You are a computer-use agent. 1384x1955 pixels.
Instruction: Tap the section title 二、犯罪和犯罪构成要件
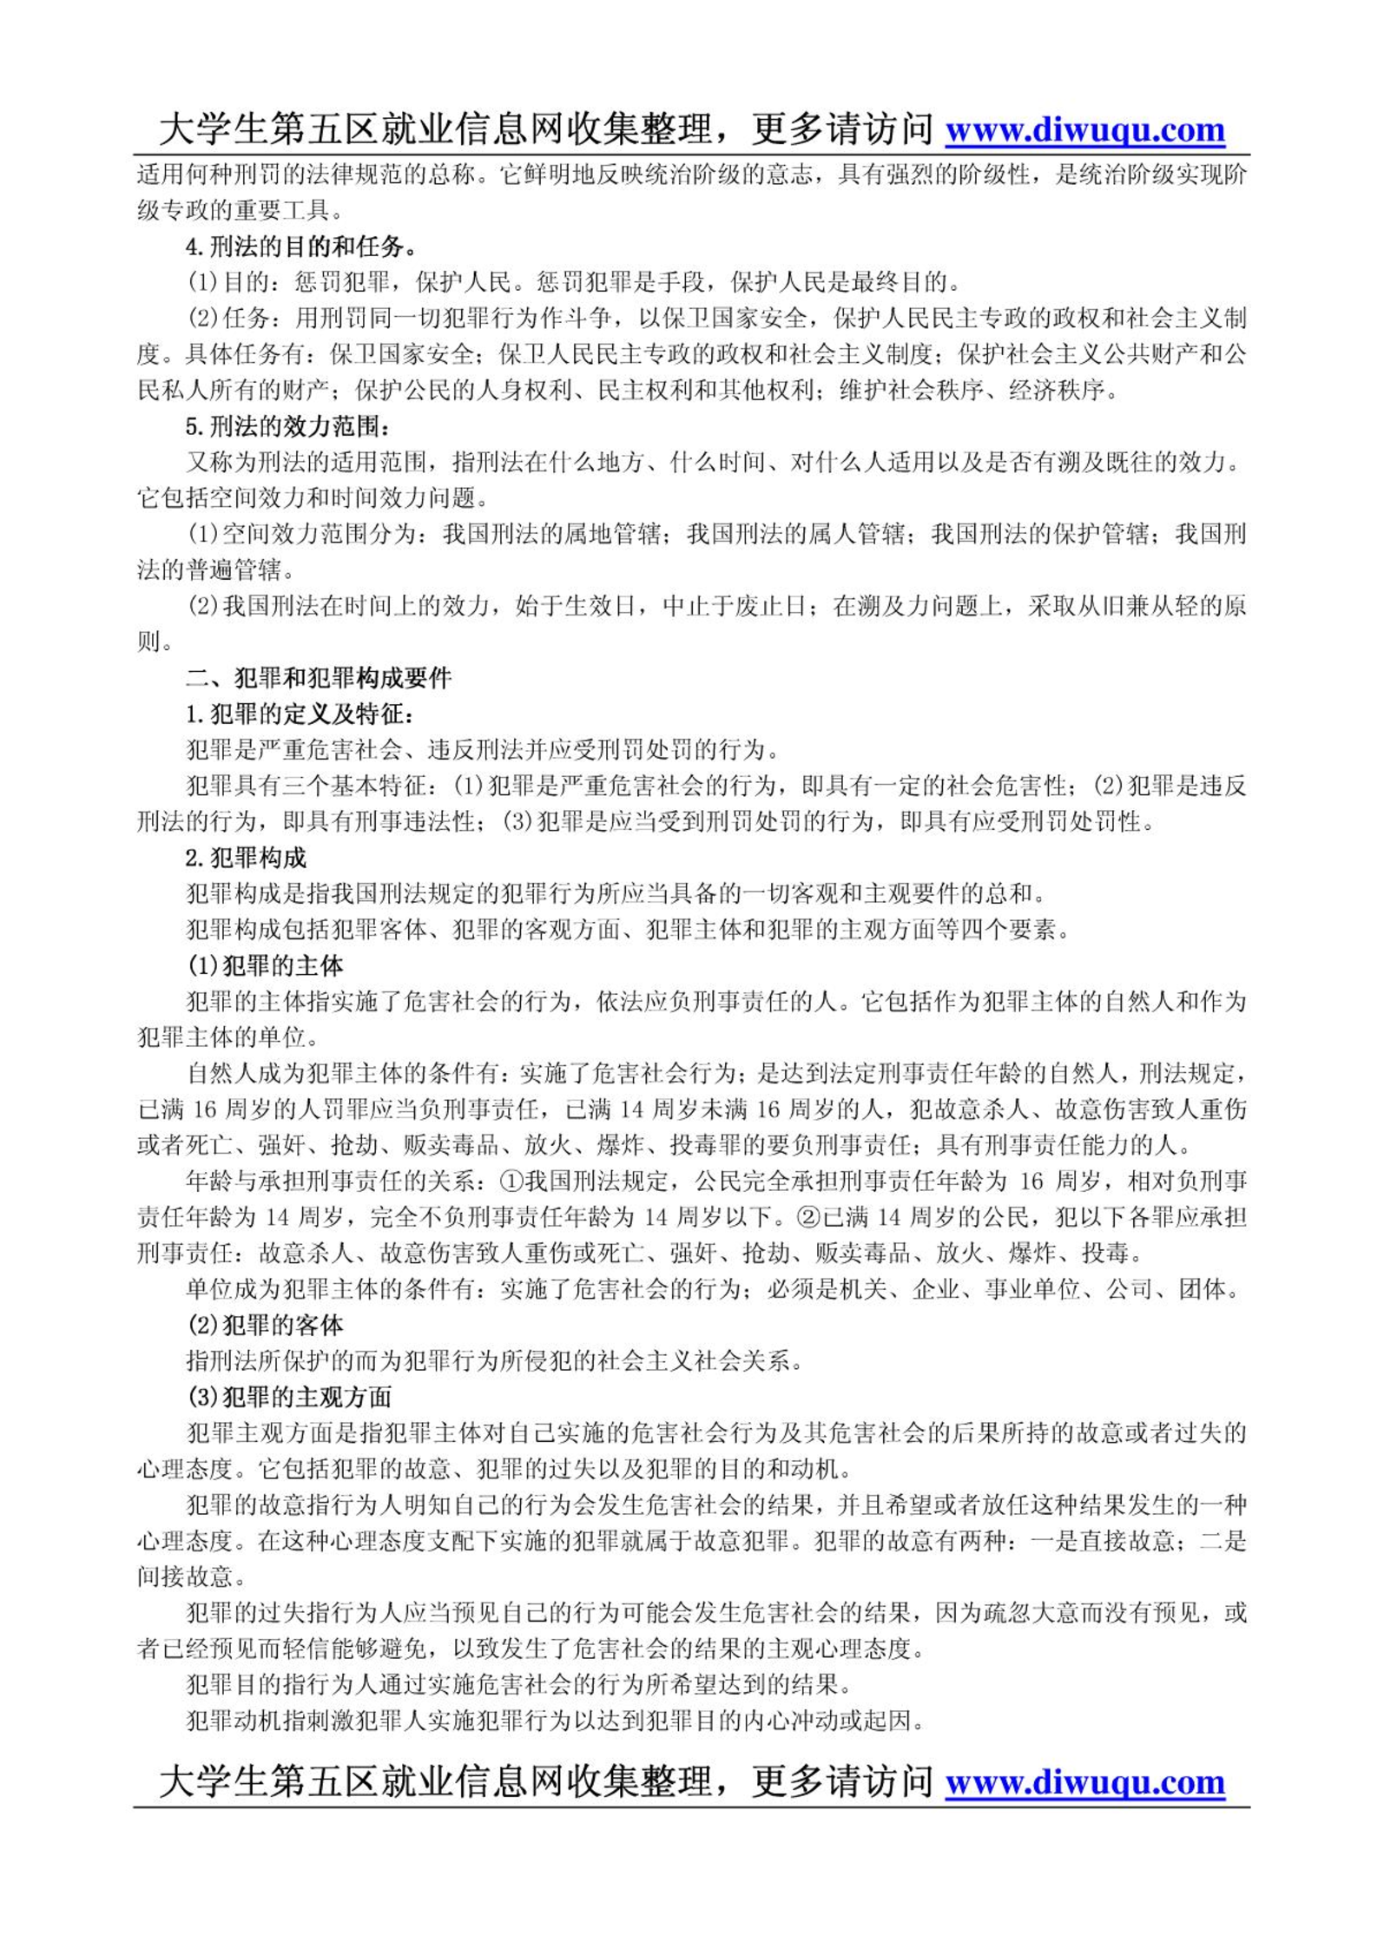coord(319,678)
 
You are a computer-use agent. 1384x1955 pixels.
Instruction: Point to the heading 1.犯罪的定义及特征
coord(300,714)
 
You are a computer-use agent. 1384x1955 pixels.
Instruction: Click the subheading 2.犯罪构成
coord(246,858)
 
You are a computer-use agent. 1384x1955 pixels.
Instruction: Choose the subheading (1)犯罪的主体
coord(265,965)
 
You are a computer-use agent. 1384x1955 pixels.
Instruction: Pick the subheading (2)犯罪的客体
coord(265,1325)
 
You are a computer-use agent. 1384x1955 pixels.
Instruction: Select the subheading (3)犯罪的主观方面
coord(289,1397)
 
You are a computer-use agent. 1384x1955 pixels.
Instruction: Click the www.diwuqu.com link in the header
coord(1084,130)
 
